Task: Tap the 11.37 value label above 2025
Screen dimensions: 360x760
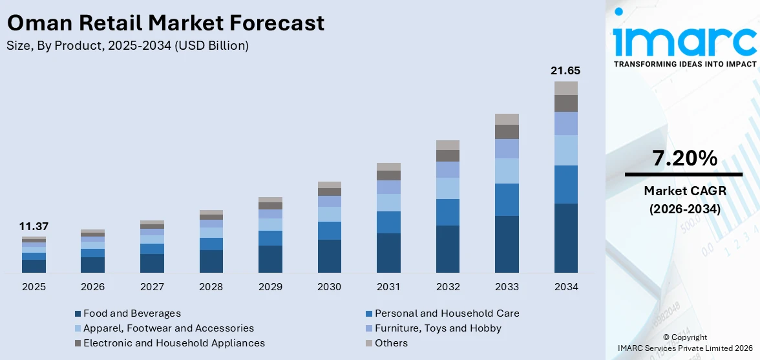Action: pyautogui.click(x=34, y=226)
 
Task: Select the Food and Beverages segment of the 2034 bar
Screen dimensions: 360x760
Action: pyautogui.click(x=565, y=238)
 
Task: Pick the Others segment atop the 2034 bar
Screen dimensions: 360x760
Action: pyautogui.click(x=565, y=88)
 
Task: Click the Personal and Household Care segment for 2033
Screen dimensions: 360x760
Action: pyautogui.click(x=507, y=200)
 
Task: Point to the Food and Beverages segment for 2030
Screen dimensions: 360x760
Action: pyautogui.click(x=330, y=256)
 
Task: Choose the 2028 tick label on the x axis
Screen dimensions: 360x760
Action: pyautogui.click(x=211, y=286)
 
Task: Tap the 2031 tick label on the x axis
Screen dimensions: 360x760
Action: pyautogui.click(x=388, y=286)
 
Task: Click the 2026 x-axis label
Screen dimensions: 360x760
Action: pyautogui.click(x=93, y=286)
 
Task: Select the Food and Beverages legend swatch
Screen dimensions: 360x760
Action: pyautogui.click(x=78, y=314)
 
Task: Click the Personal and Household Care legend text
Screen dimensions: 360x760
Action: pyautogui.click(x=447, y=313)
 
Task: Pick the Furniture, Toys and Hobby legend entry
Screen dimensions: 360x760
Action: pyautogui.click(x=438, y=328)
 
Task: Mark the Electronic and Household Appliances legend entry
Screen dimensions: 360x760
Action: pyautogui.click(x=174, y=343)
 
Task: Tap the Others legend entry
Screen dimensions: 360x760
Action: pyautogui.click(x=391, y=343)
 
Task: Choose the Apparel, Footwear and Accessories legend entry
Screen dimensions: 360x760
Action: pyautogui.click(x=168, y=328)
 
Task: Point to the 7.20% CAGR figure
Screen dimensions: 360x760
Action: pyautogui.click(x=684, y=158)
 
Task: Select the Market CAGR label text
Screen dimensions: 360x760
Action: pyautogui.click(x=684, y=191)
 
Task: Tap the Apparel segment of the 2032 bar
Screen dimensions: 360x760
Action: pyautogui.click(x=448, y=188)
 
